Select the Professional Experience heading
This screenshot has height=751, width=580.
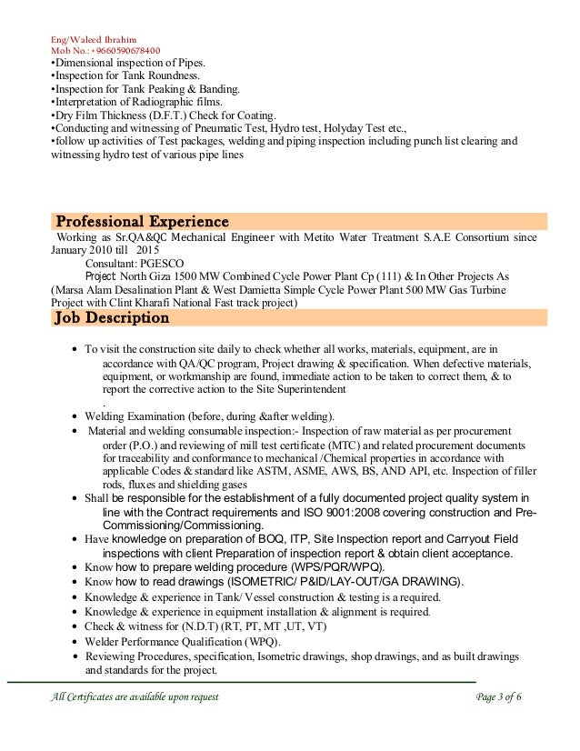(142, 221)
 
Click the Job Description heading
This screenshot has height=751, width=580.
(113, 318)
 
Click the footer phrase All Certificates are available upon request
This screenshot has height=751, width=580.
(132, 696)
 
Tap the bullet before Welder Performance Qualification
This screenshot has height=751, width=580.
(74, 641)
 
